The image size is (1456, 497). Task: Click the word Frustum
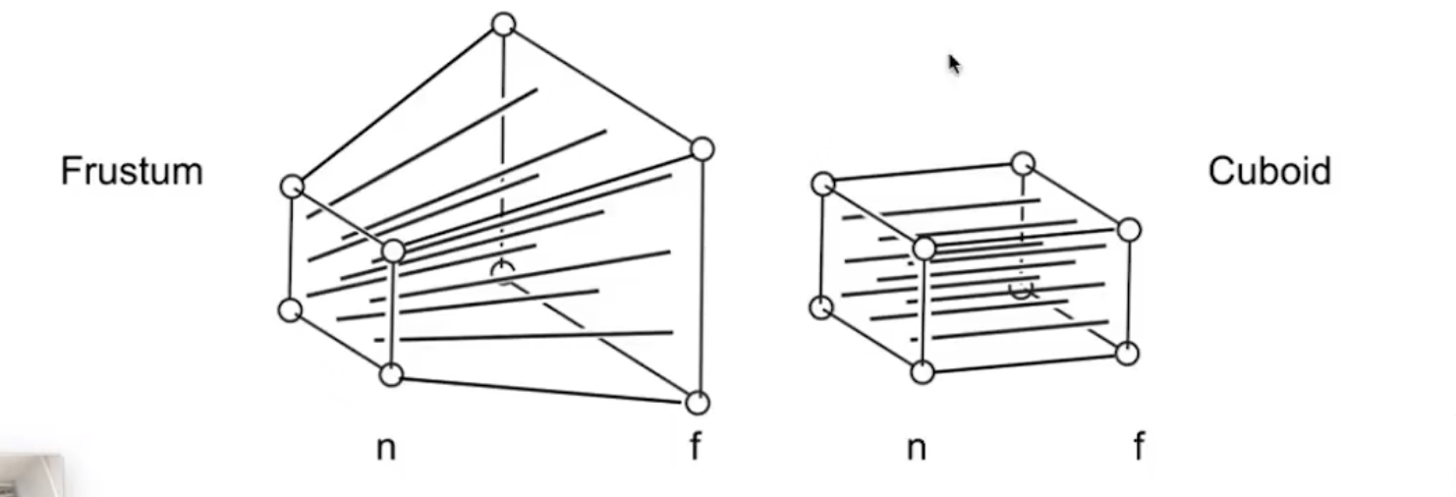131,171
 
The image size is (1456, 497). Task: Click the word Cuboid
1269,171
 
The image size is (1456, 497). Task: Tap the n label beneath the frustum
385,448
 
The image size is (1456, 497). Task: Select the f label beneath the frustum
696,447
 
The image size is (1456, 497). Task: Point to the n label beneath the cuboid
916,448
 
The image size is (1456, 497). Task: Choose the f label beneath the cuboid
1139,447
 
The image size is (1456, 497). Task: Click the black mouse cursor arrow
954,65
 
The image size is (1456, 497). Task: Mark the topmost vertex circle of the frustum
503,25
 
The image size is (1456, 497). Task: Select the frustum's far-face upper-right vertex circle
700,149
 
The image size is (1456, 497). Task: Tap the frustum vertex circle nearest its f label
697,403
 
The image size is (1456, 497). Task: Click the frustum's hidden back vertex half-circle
503,271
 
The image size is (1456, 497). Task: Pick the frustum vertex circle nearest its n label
391,374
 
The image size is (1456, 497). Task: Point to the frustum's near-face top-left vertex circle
292,186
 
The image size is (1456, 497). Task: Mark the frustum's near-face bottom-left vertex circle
290,309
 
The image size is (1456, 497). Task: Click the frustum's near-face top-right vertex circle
392,250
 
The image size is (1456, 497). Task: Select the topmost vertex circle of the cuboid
1023,162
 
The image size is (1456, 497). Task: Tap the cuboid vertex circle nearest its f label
1127,354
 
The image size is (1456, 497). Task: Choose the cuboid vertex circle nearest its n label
922,372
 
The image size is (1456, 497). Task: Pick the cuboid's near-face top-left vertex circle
823,184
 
